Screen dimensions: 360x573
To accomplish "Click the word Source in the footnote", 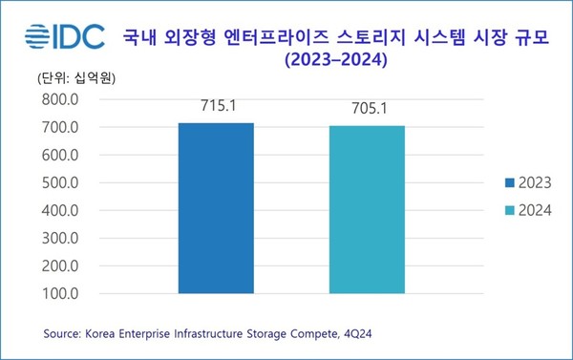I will click(64, 334).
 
